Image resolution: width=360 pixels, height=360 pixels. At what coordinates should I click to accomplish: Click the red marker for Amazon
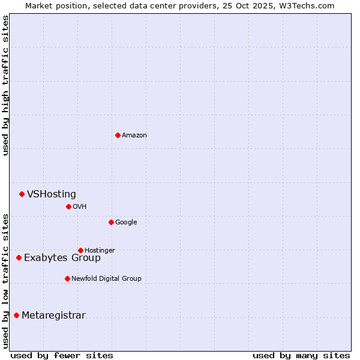click(118, 135)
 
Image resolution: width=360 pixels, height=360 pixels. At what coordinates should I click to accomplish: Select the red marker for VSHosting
click(22, 194)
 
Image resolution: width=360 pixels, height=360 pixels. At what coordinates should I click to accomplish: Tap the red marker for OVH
click(68, 206)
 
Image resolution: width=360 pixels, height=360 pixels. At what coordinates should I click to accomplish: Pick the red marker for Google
click(111, 222)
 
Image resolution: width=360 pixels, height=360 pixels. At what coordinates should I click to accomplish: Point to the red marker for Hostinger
click(80, 250)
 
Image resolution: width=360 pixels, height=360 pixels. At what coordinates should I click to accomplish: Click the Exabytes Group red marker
click(19, 257)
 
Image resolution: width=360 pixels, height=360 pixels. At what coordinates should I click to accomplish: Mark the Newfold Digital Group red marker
click(67, 278)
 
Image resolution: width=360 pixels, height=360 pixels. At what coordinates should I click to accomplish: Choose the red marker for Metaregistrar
click(16, 315)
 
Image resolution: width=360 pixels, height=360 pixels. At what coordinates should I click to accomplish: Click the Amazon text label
click(134, 135)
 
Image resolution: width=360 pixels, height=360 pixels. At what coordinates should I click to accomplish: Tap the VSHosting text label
click(52, 194)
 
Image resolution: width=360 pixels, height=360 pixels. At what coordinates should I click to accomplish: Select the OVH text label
click(80, 206)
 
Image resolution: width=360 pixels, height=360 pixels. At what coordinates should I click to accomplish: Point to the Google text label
click(126, 222)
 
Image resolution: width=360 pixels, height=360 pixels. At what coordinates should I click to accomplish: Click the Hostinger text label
click(100, 250)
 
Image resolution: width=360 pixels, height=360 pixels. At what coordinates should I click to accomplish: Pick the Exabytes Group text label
click(62, 258)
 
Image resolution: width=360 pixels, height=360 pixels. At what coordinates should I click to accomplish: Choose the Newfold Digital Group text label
click(106, 278)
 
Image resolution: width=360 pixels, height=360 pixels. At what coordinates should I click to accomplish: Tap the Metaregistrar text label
click(53, 316)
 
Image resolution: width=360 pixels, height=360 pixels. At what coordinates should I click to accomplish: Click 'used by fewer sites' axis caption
click(62, 355)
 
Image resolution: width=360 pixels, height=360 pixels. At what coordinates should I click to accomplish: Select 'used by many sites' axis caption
click(301, 355)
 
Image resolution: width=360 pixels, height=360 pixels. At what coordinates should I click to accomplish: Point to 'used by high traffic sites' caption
click(5, 85)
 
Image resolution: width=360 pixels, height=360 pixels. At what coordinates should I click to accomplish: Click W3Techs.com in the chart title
click(307, 5)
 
